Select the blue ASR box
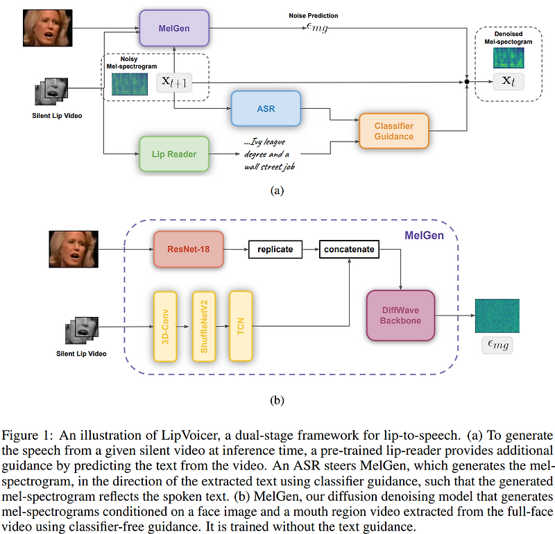pyautogui.click(x=266, y=109)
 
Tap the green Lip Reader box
pyautogui.click(x=174, y=154)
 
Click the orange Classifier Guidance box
pyautogui.click(x=394, y=130)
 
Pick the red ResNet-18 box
pyautogui.click(x=189, y=249)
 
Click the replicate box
pyautogui.click(x=275, y=249)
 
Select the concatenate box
pyautogui.click(x=350, y=249)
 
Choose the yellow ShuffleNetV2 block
pyautogui.click(x=205, y=326)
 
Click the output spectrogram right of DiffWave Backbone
pyautogui.click(x=497, y=316)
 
